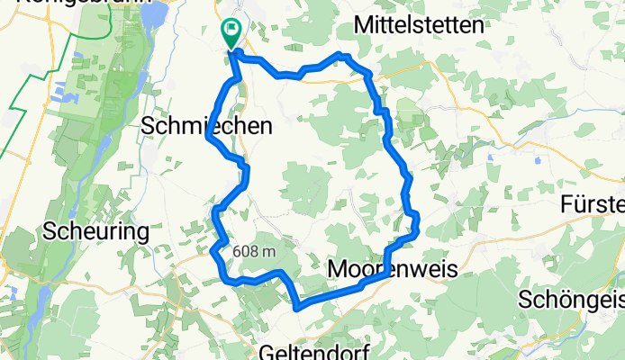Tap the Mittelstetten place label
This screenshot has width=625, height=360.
[420, 24]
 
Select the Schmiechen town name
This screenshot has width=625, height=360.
[207, 128]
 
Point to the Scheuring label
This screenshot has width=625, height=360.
[95, 231]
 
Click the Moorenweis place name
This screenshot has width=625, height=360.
[394, 268]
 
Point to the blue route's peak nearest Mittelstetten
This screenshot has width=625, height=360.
[340, 55]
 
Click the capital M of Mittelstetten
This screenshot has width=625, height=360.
[367, 25]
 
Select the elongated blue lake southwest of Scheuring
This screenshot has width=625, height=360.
[41, 301]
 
